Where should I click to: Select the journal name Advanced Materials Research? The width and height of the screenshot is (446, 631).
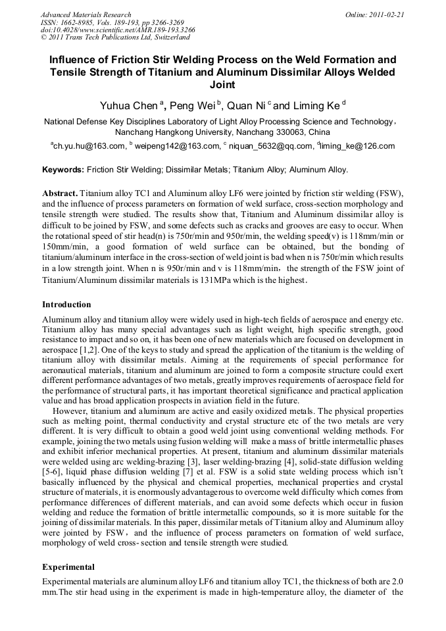click(x=86, y=14)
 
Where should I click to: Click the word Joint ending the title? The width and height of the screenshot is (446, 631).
click(x=222, y=85)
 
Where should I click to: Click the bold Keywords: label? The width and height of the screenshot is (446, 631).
click(x=63, y=170)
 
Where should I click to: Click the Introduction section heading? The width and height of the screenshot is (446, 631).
click(x=66, y=305)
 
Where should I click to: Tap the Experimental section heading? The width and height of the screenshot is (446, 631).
click(x=68, y=567)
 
